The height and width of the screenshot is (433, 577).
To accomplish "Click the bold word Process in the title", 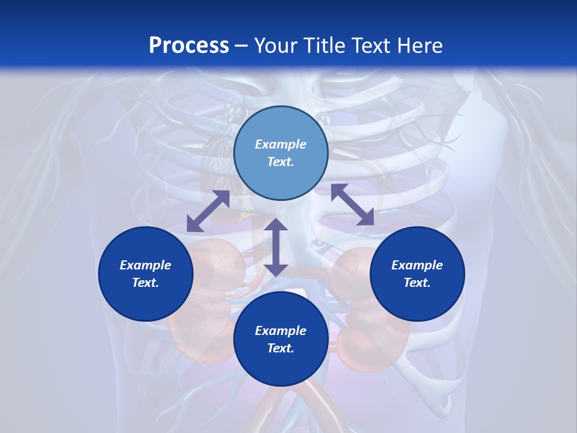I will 189,46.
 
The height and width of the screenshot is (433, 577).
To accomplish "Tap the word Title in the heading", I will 326,46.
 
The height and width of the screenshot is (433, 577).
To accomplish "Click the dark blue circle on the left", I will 145,274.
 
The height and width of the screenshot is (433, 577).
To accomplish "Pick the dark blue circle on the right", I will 417,274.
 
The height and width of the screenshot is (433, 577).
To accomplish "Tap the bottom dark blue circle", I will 281,339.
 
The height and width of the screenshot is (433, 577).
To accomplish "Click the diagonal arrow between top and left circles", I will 208,211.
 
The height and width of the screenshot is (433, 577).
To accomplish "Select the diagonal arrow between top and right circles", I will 353,204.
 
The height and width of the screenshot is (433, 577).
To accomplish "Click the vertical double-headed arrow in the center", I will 276,247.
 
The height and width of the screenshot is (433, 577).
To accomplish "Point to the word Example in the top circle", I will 281,144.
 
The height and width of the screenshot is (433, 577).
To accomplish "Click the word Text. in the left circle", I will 145,283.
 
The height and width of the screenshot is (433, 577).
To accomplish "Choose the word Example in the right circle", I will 417,265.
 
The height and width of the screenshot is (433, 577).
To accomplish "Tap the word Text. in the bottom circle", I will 281,348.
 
